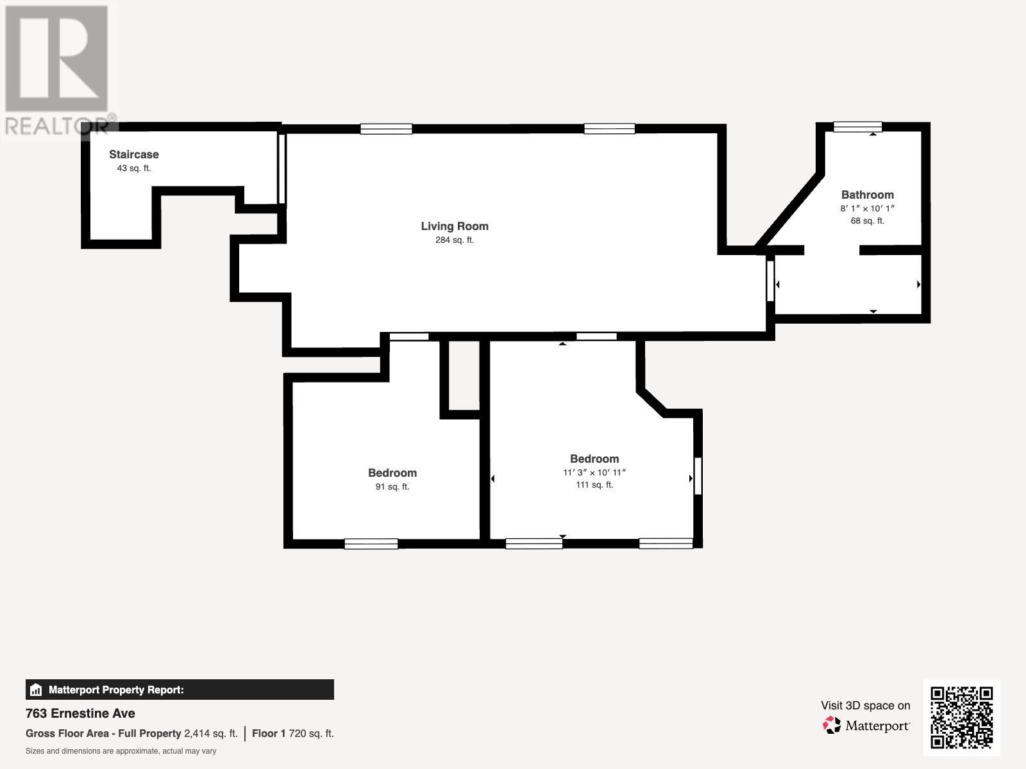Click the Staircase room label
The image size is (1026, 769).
[133, 154]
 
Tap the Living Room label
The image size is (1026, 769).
[455, 226]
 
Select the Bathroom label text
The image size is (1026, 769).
[867, 195]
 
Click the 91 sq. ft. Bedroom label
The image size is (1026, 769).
[392, 473]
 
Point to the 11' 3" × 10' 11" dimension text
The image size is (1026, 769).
[594, 472]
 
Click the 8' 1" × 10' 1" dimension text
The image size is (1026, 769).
[867, 208]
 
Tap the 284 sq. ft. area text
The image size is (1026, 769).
[455, 240]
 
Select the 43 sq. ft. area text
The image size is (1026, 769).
[133, 169]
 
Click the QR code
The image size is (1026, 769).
[961, 718]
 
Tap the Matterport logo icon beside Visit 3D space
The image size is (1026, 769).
[832, 725]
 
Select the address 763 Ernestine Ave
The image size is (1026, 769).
[80, 713]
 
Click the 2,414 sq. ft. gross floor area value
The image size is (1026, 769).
[210, 734]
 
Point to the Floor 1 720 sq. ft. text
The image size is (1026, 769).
[292, 734]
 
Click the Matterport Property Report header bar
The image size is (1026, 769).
[180, 690]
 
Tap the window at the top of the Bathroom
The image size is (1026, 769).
[857, 127]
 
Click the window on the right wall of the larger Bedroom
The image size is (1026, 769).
[698, 475]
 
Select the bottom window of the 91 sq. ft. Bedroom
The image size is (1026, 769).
[371, 544]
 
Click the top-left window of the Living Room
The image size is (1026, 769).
[386, 129]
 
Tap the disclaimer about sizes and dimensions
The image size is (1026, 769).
[121, 751]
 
